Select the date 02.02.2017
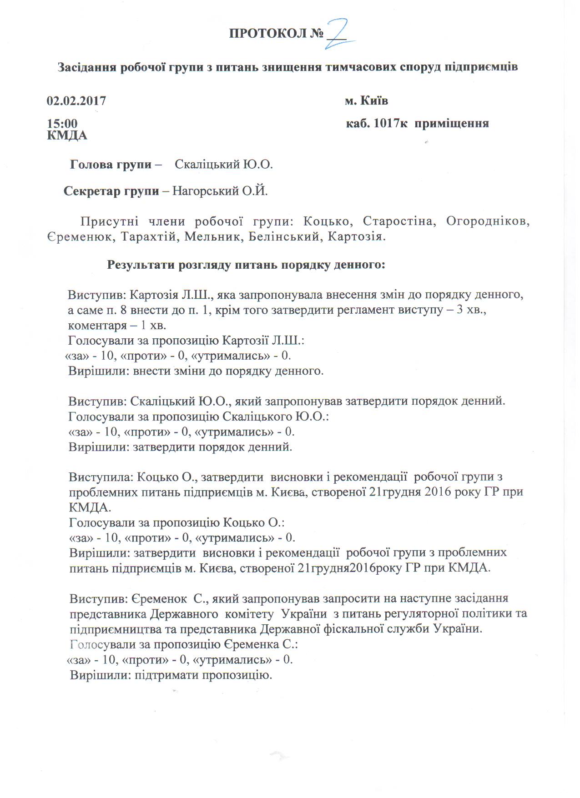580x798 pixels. click(76, 100)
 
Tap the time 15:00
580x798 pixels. click(62, 124)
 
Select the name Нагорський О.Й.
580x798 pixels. click(220, 191)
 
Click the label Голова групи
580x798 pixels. click(111, 165)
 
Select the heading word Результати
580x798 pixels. click(141, 265)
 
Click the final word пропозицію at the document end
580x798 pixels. click(237, 675)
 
